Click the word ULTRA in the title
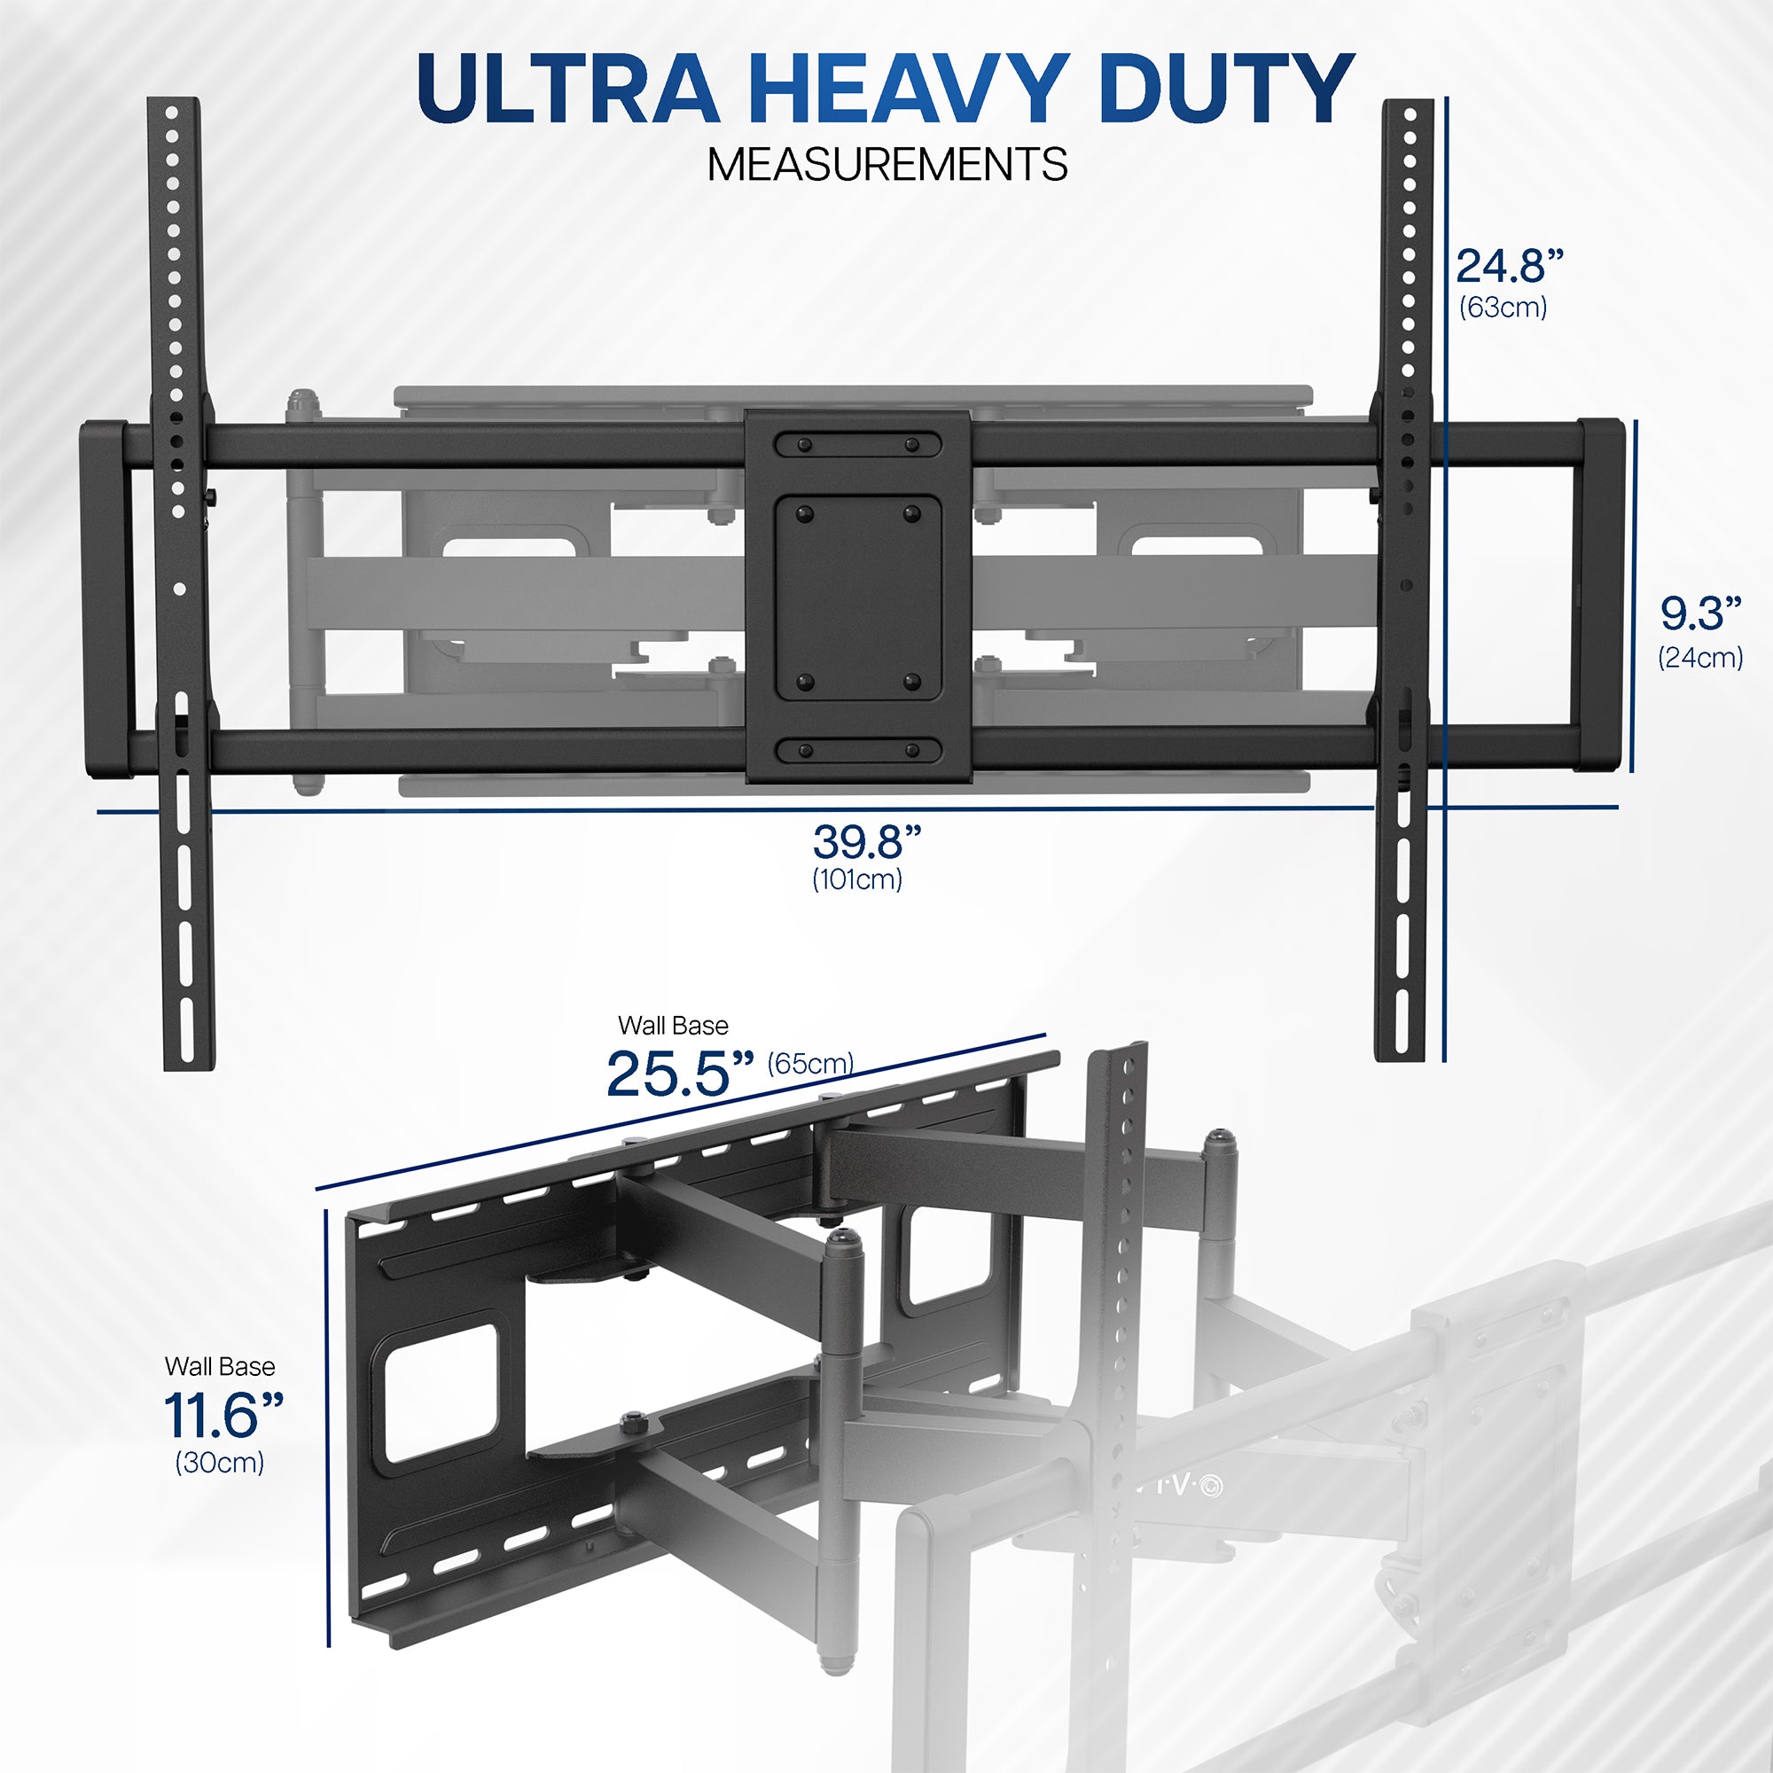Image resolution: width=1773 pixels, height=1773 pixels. [566, 89]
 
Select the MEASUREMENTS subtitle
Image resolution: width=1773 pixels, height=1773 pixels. [886, 165]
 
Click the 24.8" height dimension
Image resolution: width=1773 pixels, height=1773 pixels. [1509, 266]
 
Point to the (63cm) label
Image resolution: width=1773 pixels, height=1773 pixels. [1504, 307]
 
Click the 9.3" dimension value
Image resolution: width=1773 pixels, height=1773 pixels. [1699, 613]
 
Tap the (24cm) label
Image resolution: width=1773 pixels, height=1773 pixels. [1699, 657]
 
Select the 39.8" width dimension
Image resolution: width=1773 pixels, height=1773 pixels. [865, 840]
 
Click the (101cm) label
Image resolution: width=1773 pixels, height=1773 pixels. [857, 879]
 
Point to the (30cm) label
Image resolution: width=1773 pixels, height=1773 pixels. [219, 1462]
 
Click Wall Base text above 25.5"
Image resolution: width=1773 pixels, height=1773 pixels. [673, 1025]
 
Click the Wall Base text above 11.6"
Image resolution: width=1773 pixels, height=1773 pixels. [219, 1365]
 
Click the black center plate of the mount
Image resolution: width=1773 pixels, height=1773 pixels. [858, 597]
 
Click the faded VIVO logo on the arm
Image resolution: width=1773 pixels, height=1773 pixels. [1179, 1485]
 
